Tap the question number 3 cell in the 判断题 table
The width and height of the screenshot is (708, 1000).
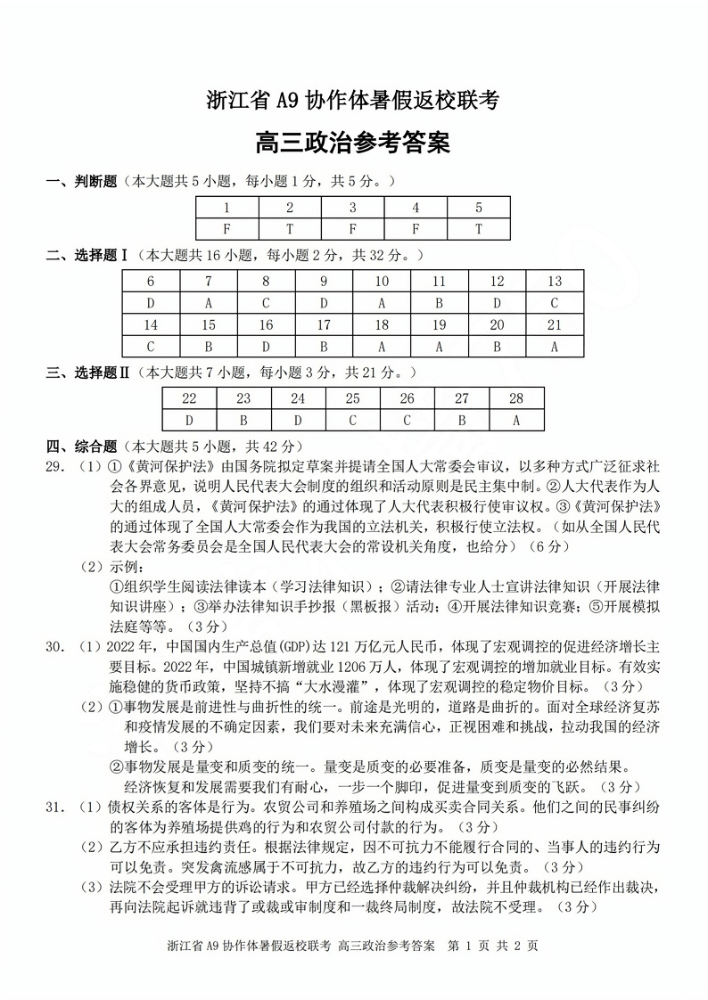353,208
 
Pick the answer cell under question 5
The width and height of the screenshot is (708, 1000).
479,229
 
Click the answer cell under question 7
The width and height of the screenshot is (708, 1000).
208,303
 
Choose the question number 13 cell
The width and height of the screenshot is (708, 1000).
555,282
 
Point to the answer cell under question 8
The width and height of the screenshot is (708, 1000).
266,303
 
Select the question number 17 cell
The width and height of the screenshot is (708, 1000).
324,325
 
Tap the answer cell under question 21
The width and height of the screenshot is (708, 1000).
555,348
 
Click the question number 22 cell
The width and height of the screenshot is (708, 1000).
189,398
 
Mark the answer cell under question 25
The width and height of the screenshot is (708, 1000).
352,420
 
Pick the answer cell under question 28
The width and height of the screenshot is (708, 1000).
515,420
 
